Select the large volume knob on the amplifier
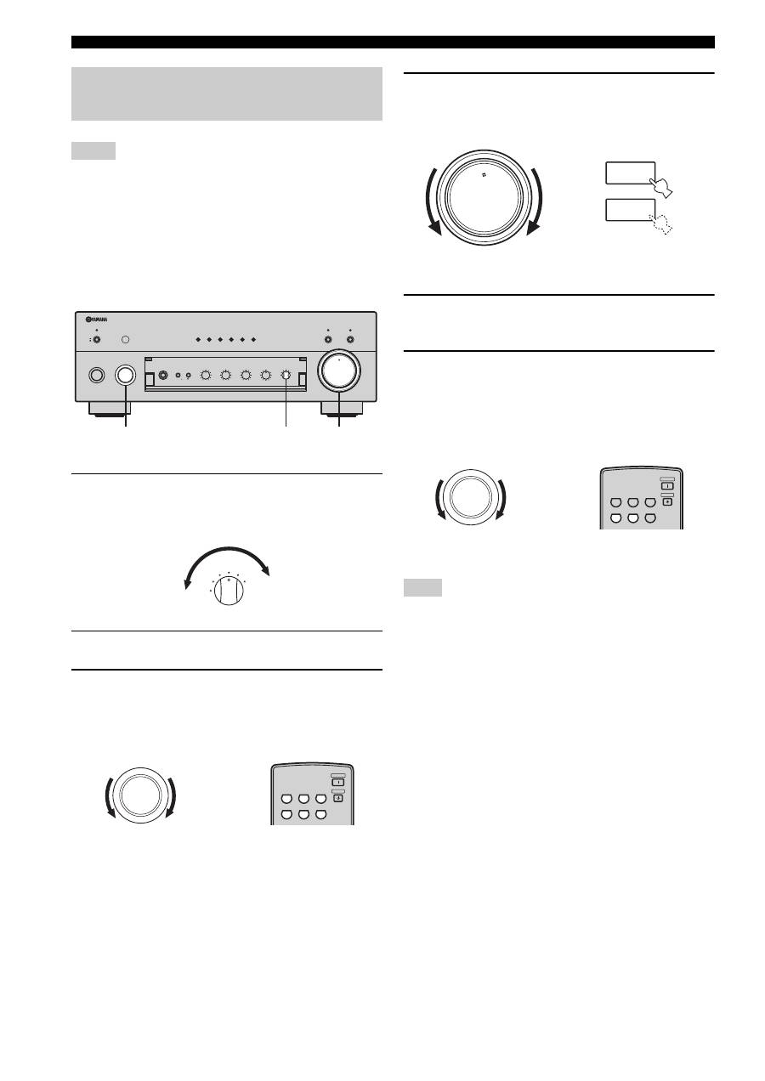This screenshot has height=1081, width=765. click(339, 373)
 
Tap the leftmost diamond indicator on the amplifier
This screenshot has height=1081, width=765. click(197, 340)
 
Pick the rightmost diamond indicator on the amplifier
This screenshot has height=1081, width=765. click(253, 340)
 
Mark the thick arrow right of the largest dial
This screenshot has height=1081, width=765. click(535, 201)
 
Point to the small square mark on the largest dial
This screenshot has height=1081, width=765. click(483, 176)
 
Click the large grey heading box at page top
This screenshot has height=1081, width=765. click(226, 93)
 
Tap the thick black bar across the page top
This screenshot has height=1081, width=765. click(393, 42)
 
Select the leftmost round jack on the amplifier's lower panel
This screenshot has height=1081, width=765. click(96, 375)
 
